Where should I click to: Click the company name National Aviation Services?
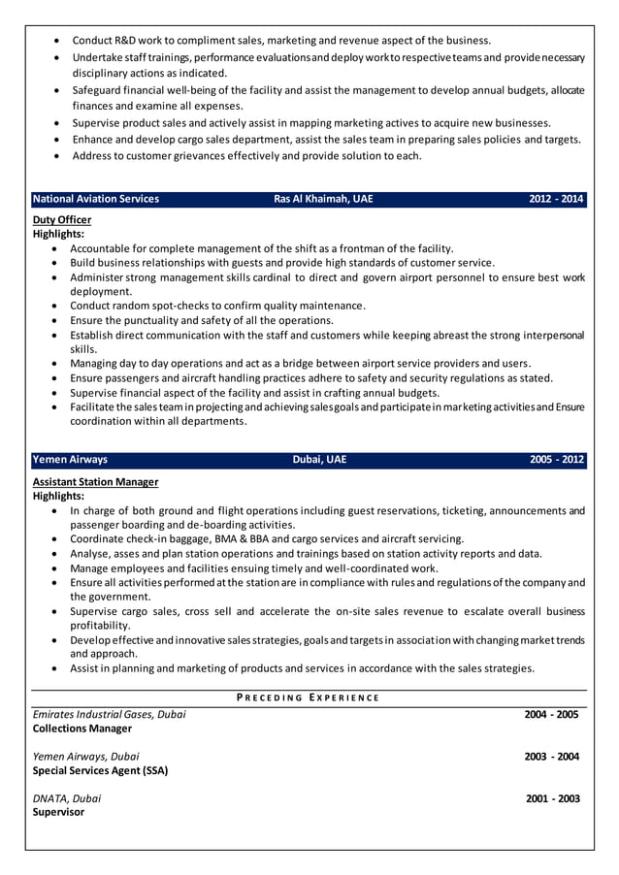pyautogui.click(x=96, y=199)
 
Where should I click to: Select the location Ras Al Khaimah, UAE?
pyautogui.click(x=322, y=199)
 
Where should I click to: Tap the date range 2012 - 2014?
pyautogui.click(x=556, y=199)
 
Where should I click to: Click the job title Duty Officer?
pyautogui.click(x=62, y=220)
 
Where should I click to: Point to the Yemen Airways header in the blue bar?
pyautogui.click(x=70, y=460)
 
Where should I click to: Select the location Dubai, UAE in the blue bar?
pyautogui.click(x=319, y=460)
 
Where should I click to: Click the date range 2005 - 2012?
pyautogui.click(x=556, y=460)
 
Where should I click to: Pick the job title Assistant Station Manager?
pyautogui.click(x=96, y=482)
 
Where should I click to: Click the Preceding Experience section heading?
pyautogui.click(x=309, y=698)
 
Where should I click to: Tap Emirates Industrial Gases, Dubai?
pyautogui.click(x=110, y=715)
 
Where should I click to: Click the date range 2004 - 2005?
pyautogui.click(x=551, y=715)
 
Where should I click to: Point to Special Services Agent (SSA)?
pyautogui.click(x=100, y=771)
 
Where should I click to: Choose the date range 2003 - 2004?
pyautogui.click(x=551, y=757)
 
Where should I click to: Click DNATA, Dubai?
pyautogui.click(x=67, y=798)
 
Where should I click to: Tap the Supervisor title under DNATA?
pyautogui.click(x=58, y=813)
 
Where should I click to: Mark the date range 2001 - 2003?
pyautogui.click(x=552, y=798)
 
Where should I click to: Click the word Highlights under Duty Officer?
pyautogui.click(x=58, y=234)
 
